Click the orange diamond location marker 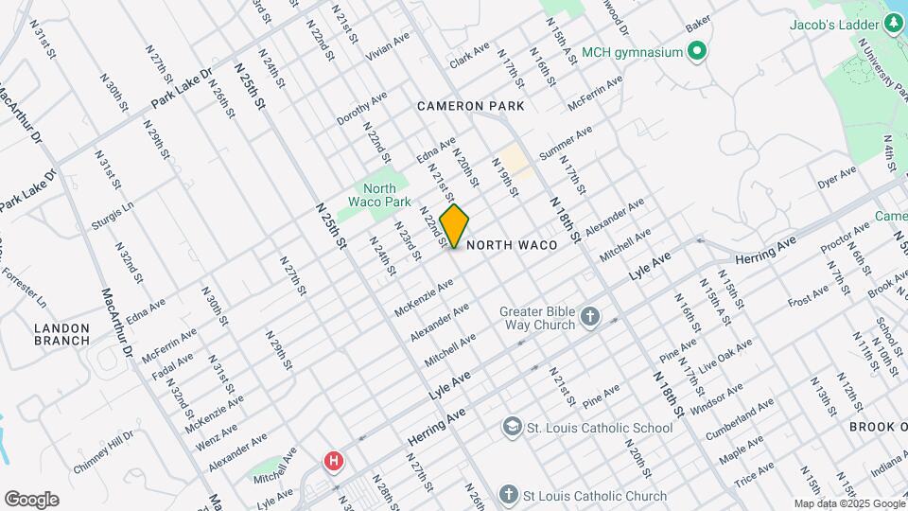pos(454,226)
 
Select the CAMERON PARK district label pos(471,107)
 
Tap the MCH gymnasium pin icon pos(697,51)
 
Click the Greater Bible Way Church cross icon pos(590,317)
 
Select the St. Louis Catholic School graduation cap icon pos(512,428)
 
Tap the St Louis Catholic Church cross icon pos(508,495)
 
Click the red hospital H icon pos(333,462)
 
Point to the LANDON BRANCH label pos(61,334)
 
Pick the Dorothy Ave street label pos(361,109)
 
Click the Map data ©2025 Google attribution pos(848,503)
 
